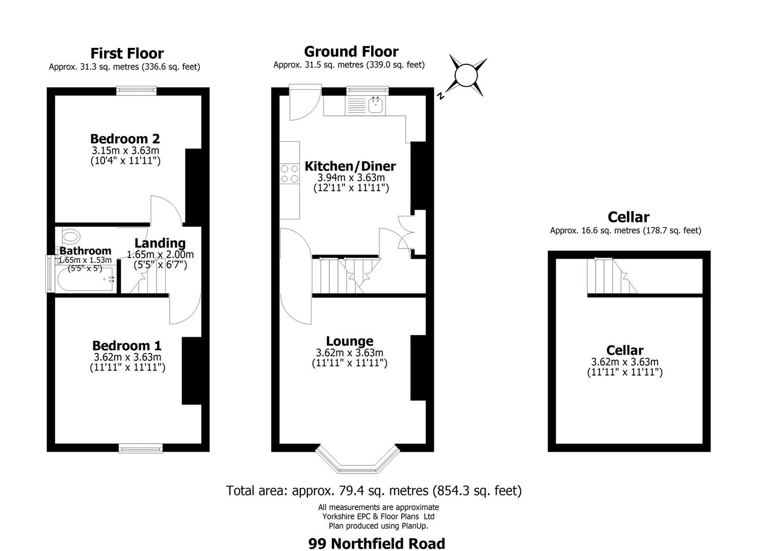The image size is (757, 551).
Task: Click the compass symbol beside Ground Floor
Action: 465,77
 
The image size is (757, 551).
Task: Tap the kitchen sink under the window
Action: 376,105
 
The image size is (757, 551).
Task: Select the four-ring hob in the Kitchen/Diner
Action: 290,173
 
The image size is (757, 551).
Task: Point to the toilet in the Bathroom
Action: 71,236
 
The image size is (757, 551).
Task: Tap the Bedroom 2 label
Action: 125,139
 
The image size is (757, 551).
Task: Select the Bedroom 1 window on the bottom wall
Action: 141,448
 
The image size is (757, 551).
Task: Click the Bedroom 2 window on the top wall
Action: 136,91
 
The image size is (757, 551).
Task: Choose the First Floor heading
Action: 127,54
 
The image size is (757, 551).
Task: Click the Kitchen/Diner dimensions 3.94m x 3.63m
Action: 351,178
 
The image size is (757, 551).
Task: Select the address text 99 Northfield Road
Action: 376,543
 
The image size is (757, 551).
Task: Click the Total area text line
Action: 374,491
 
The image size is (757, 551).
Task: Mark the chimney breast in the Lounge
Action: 418,367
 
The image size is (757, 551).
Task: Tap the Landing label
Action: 160,243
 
